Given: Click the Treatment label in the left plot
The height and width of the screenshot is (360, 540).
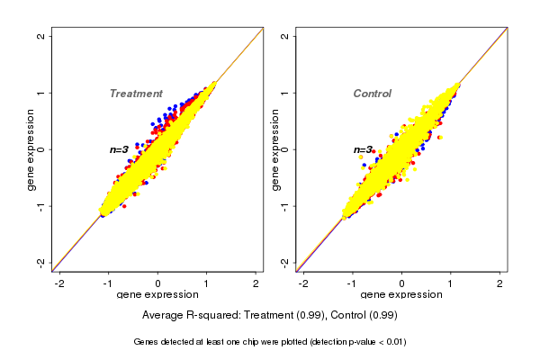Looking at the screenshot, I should click(136, 94).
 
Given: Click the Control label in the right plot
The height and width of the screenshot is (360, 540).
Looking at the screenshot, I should click(372, 94).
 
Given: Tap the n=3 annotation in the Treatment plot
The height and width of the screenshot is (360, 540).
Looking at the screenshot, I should click(119, 149).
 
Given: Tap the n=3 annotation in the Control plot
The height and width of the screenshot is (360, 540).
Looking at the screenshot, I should click(363, 150).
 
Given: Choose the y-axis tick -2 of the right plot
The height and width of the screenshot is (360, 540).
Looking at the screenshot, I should click(284, 262).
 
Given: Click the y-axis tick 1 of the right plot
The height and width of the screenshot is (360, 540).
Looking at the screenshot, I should click(284, 93).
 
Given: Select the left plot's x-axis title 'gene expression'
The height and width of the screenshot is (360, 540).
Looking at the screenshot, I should click(157, 295).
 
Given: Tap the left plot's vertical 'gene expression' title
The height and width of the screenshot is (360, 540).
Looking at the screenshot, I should click(31, 149).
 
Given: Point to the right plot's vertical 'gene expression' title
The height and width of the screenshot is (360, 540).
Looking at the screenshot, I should click(275, 149).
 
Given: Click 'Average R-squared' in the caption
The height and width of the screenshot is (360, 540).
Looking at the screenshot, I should click(188, 315).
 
